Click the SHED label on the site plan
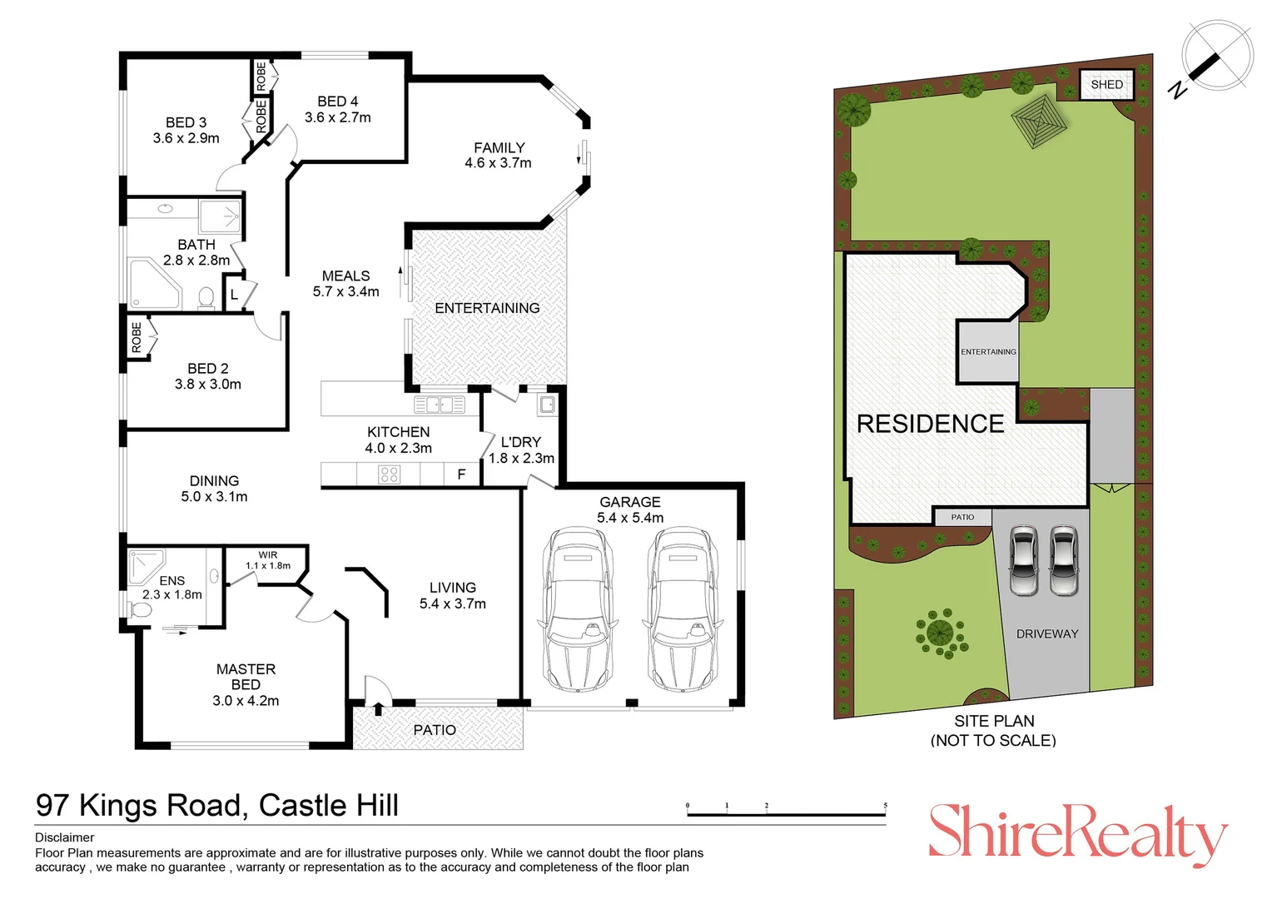pos(1106,84)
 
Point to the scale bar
pos(786,812)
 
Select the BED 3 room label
pos(186,122)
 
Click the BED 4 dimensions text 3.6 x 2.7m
pos(337,117)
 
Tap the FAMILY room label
pos(499,147)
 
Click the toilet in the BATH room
pos(206,297)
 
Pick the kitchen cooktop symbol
pos(389,474)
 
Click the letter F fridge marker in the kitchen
pos(461,474)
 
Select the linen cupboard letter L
pos(234,295)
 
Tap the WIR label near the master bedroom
pos(267,554)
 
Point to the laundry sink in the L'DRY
pos(547,405)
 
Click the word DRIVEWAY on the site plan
pos(1046,633)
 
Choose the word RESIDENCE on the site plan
pos(930,424)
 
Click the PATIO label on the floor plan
pos(435,730)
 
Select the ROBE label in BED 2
pos(137,338)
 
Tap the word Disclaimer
pos(65,837)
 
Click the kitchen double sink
pos(440,405)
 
